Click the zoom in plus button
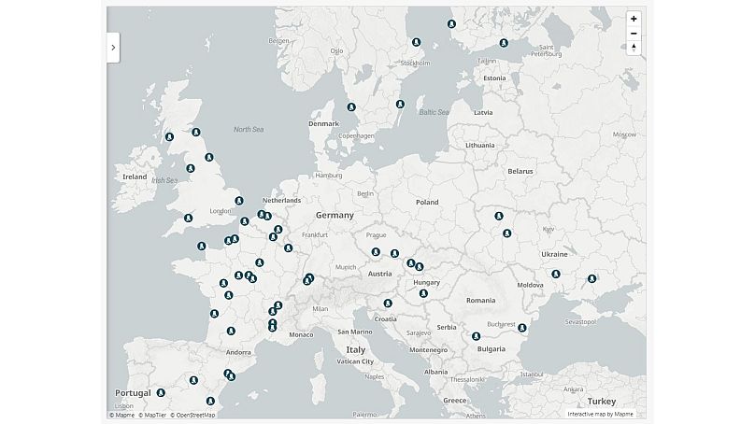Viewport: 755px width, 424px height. click(x=634, y=19)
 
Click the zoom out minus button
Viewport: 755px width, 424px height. click(x=634, y=33)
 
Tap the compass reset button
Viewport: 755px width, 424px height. click(x=634, y=48)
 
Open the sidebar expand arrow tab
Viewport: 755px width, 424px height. click(x=113, y=46)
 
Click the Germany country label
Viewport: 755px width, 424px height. click(x=334, y=216)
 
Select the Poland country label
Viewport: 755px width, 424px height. click(x=426, y=202)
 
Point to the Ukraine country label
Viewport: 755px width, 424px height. click(x=553, y=254)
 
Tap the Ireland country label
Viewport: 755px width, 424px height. click(x=135, y=177)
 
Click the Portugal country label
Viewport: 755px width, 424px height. click(x=133, y=393)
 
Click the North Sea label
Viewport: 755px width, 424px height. click(x=249, y=129)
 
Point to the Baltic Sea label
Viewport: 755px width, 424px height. click(x=434, y=112)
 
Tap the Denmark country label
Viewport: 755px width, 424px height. click(x=323, y=123)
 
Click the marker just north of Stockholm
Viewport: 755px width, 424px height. click(x=416, y=43)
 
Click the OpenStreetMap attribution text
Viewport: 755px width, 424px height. click(x=193, y=415)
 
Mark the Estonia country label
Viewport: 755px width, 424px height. click(x=493, y=78)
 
